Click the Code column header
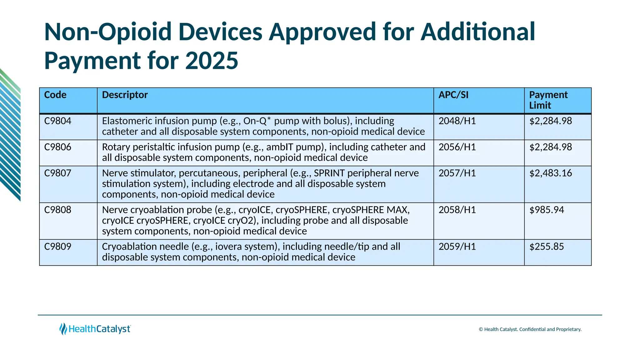click(x=55, y=95)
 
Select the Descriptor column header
click(x=125, y=95)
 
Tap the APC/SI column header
click(x=453, y=95)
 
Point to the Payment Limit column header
click(x=548, y=100)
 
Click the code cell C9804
click(x=58, y=121)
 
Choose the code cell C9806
click(x=58, y=147)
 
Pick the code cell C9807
click(x=58, y=173)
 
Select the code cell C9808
click(x=58, y=210)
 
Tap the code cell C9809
click(x=58, y=247)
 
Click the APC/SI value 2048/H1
click(x=457, y=121)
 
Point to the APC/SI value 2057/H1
click(x=457, y=173)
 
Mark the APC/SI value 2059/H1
click(x=457, y=247)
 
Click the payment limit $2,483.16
click(x=550, y=173)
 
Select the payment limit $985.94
click(x=547, y=210)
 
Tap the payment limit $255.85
click(x=547, y=247)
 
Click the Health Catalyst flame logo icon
click(x=63, y=329)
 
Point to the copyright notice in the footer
click(x=530, y=329)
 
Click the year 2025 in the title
click(x=212, y=60)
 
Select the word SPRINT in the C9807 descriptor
click(x=329, y=173)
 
